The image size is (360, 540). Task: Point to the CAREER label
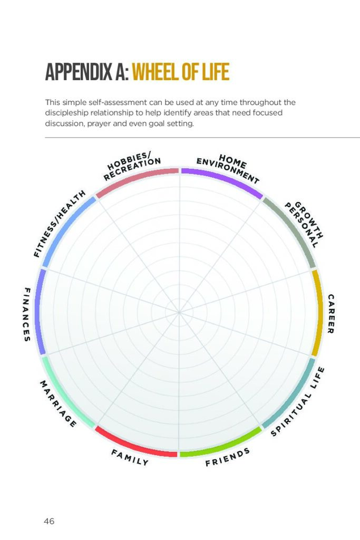[330, 314]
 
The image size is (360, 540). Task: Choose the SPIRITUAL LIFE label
[298, 402]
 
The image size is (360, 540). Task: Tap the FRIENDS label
[227, 458]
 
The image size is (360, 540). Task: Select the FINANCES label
[27, 314]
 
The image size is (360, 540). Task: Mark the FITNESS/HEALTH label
[59, 224]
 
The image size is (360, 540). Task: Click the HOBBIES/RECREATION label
[132, 168]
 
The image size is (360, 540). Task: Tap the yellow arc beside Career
[317, 313]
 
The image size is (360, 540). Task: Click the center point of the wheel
[179, 313]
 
